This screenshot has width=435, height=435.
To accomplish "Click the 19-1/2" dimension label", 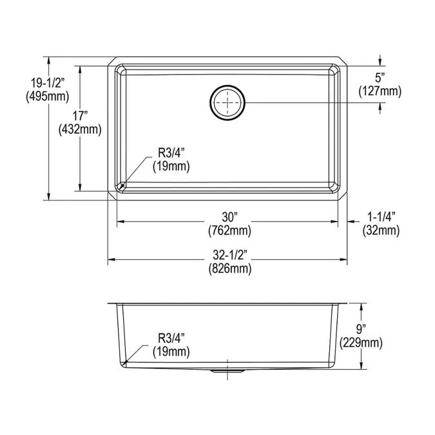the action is pos(48,82).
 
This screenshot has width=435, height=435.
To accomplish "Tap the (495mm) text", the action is pos(48,97).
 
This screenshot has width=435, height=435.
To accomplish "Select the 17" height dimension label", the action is pos(80,116).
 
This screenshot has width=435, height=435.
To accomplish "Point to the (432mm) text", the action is pos(80,130).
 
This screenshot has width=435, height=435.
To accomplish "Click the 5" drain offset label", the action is pos(380,78).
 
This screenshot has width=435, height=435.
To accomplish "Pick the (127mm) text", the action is pos(380,92).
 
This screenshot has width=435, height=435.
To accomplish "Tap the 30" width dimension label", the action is pos(229,217).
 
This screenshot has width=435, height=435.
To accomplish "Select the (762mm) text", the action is pos(229,231).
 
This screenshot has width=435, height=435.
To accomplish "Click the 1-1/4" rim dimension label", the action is pos(381,217).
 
